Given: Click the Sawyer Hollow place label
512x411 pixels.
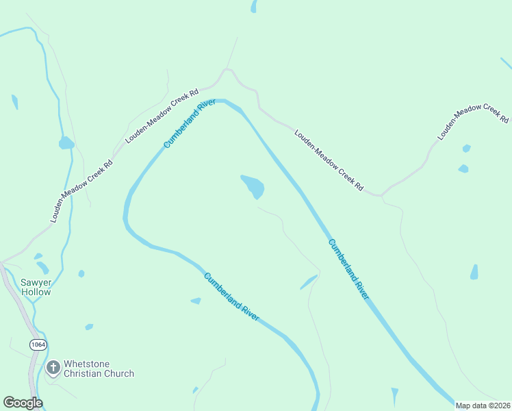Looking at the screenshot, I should click(36, 287).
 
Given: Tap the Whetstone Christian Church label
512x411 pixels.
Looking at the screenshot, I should click(99, 369).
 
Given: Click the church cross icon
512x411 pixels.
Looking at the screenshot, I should click(53, 369).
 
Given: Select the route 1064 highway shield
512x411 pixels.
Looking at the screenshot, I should click(38, 345).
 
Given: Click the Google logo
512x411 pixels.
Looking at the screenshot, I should click(23, 403).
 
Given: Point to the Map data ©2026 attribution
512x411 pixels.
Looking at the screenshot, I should click(483, 406).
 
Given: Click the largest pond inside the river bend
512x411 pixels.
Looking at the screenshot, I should click(253, 186).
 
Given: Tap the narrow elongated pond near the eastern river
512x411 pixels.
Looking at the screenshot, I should click(309, 282).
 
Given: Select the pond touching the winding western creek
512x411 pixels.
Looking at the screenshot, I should click(66, 143).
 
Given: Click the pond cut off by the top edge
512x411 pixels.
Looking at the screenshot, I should click(254, 6).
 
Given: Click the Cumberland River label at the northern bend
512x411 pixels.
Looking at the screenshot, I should click(190, 124).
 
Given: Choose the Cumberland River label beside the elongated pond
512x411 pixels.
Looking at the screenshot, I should click(348, 269).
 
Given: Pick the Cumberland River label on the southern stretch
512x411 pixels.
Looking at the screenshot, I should click(231, 297).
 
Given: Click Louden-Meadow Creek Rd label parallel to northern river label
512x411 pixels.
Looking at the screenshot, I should click(162, 115).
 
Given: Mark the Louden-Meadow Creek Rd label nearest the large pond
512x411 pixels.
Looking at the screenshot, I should click(329, 160).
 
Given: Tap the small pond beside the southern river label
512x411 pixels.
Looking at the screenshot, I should click(196, 301).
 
